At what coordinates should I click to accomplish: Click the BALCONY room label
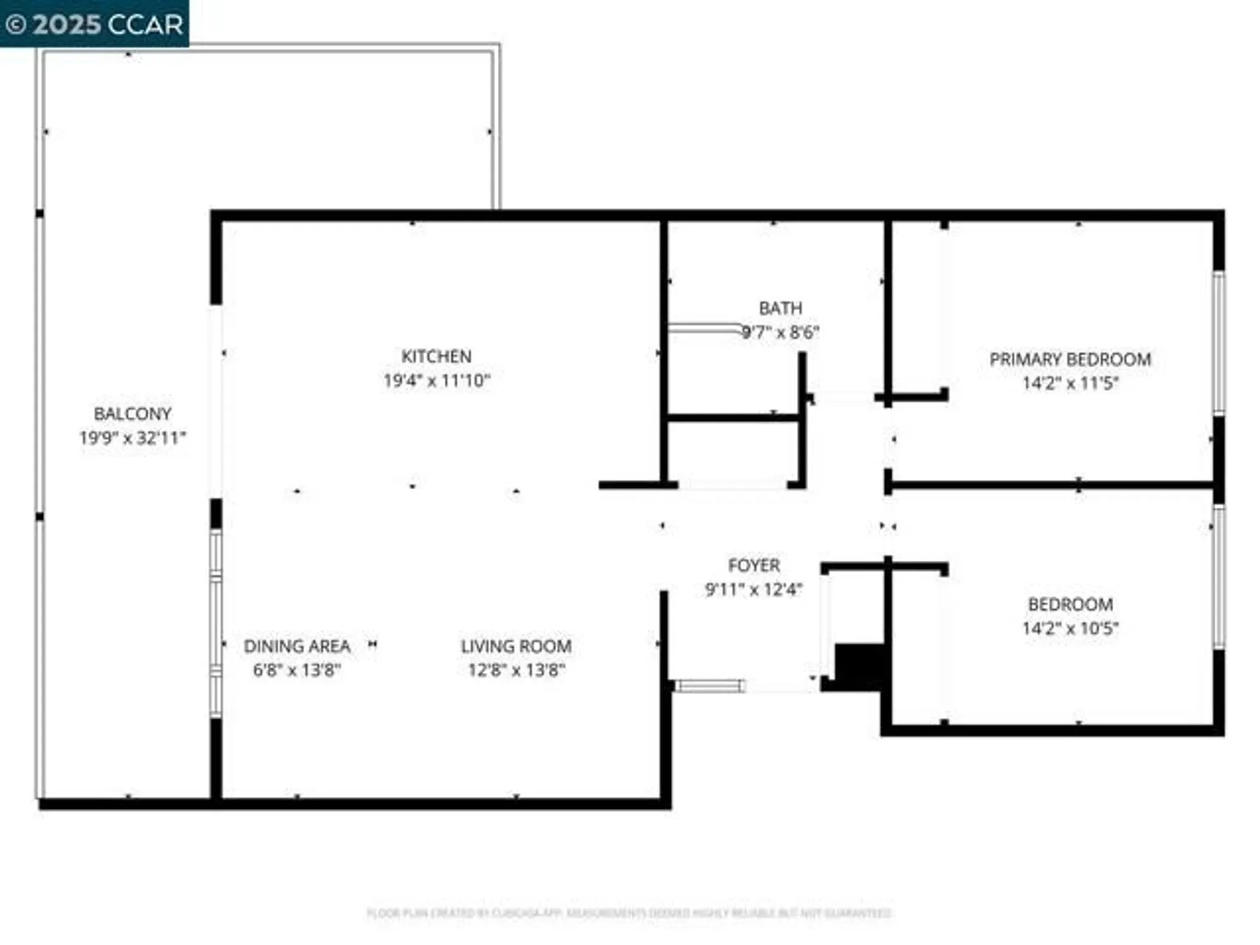132,414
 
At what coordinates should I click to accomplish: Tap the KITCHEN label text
436,357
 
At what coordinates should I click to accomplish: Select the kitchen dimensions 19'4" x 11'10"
436,381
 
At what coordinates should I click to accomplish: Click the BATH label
780,309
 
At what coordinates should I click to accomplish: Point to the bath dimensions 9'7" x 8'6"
780,333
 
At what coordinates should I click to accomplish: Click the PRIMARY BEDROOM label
1070,360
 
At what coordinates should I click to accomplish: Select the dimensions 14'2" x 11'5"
1070,383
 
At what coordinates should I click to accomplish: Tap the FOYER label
753,566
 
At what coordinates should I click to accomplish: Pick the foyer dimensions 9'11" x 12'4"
753,590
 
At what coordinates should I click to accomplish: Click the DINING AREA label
297,646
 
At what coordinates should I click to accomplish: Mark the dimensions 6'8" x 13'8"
297,670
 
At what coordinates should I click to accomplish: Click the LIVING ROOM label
516,646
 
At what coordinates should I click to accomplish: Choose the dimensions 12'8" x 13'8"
516,670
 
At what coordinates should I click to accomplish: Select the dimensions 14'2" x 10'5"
1070,628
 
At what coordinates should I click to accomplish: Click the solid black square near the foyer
859,667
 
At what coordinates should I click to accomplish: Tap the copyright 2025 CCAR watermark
94,24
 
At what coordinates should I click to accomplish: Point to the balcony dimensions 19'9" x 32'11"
132,438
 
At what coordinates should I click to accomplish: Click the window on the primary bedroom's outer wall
1219,343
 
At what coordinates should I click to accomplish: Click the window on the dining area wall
216,624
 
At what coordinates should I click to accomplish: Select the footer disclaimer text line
629,913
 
